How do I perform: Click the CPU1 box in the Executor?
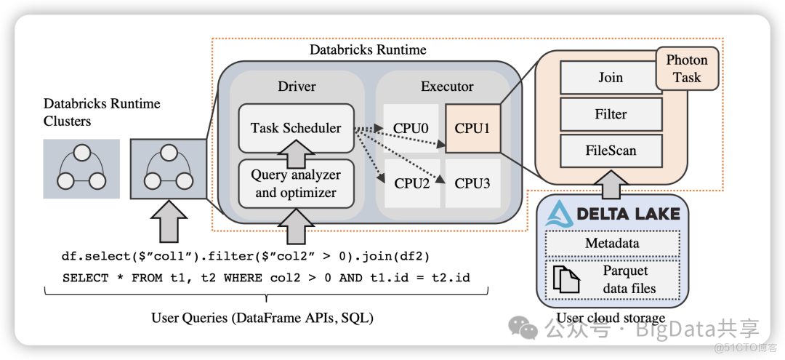[x=472, y=128]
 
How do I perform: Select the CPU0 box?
[x=411, y=129]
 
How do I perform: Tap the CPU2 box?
[x=412, y=183]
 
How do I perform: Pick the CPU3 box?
[x=472, y=183]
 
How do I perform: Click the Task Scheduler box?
[x=296, y=128]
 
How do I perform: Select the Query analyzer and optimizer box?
[x=296, y=184]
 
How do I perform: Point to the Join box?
[x=611, y=78]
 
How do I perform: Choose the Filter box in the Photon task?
[x=611, y=114]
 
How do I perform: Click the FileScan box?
[x=611, y=151]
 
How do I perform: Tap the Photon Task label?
[x=687, y=69]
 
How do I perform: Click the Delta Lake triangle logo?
[x=560, y=214]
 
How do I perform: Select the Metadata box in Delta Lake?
[x=611, y=244]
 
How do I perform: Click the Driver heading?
[x=297, y=87]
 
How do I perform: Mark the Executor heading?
[x=447, y=87]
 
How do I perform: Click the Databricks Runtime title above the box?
[x=368, y=50]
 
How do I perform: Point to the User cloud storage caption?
[x=611, y=318]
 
